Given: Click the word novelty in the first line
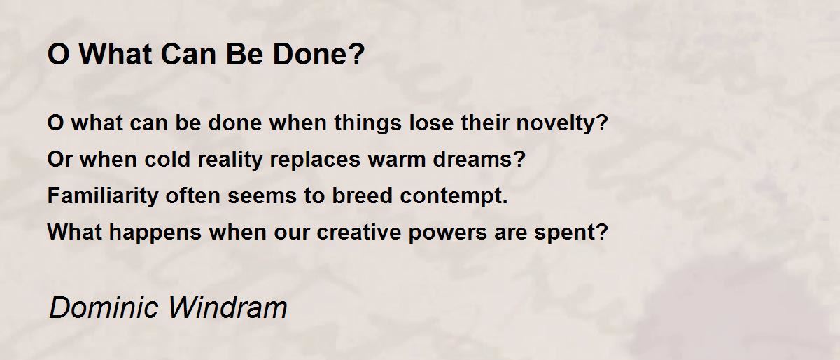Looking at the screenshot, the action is pos(558,123).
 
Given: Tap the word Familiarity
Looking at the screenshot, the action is pos(103,196).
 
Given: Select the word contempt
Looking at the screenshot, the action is pos(450,196).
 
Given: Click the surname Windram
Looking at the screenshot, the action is pos(228,307).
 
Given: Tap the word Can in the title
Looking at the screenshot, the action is pos(188,54).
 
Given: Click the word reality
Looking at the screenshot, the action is pos(230,160).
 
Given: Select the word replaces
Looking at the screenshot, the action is pos(315,160).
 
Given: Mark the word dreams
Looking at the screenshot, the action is pos(475,159).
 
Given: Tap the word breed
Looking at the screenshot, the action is pos(363,196).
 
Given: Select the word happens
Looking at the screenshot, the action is pos(155,233).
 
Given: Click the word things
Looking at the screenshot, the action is pos(368,123).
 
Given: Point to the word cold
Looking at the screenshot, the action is pos(167,159).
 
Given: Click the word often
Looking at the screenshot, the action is pos(192,196).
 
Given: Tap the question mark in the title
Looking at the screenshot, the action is pos(358,54).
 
